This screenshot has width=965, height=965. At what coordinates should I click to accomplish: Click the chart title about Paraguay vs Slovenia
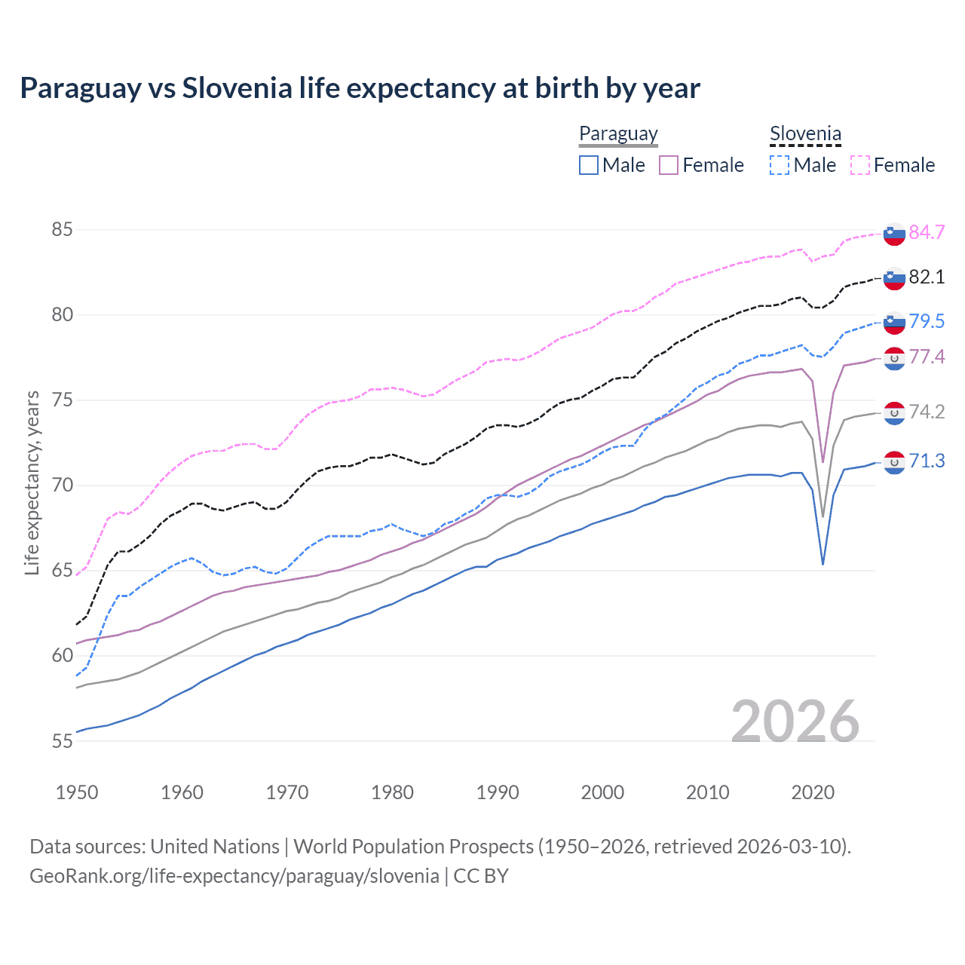coord(360,88)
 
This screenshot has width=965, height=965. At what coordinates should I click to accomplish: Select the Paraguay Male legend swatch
coord(589,165)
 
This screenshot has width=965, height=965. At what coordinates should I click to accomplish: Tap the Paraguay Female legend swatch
coord(669,165)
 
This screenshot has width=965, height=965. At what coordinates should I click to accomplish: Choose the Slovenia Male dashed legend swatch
coord(780,165)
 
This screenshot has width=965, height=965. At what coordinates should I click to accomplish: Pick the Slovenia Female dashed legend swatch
coord(860,165)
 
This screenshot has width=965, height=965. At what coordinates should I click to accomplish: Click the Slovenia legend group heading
coord(805,134)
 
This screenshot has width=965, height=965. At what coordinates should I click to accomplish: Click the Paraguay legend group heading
coord(618,134)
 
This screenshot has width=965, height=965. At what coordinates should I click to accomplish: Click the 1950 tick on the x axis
coord(77,792)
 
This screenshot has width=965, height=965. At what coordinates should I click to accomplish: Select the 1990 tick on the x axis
coord(498,792)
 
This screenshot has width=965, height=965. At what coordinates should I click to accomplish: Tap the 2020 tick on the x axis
coord(813,792)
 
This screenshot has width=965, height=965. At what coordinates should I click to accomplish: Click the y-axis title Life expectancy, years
coord(32,482)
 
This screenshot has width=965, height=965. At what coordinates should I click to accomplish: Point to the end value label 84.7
coord(927,232)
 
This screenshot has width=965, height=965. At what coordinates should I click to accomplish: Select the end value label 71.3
coord(927,461)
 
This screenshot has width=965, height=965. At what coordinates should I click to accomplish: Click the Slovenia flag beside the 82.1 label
coord(894,278)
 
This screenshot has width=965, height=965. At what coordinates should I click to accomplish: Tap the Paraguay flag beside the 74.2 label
coord(894,412)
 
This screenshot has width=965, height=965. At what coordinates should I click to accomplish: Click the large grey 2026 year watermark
coord(795,721)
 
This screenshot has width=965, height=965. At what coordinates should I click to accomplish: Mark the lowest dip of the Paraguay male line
coord(823,564)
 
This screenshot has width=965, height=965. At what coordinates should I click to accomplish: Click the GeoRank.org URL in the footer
coord(234,876)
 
